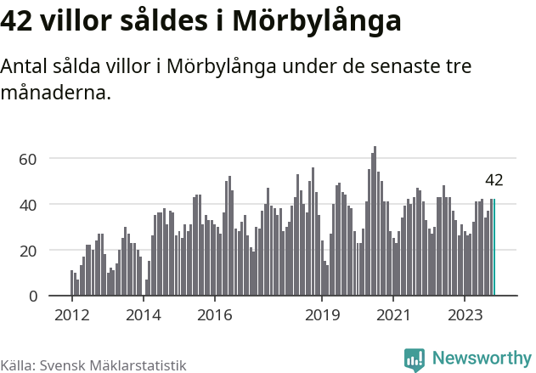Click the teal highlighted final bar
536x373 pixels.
tap(494, 247)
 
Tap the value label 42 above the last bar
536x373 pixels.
tap(494, 180)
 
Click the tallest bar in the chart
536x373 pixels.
tap(375, 221)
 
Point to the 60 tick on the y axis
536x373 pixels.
tap(28, 159)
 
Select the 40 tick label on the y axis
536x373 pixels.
tap(28, 205)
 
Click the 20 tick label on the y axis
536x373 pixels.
tap(28, 251)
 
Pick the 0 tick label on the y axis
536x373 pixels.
tap(33, 297)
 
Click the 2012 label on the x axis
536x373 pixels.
tap(71, 315)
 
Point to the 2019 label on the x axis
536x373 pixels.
tap(322, 315)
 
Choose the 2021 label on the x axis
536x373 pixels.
tap(393, 315)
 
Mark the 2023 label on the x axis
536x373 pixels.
tap(465, 315)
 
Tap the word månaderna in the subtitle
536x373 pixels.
tap(56, 92)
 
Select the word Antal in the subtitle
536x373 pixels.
tap(25, 66)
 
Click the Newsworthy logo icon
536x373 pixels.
tap(415, 359)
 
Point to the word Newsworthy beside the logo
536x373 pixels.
tap(481, 359)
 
